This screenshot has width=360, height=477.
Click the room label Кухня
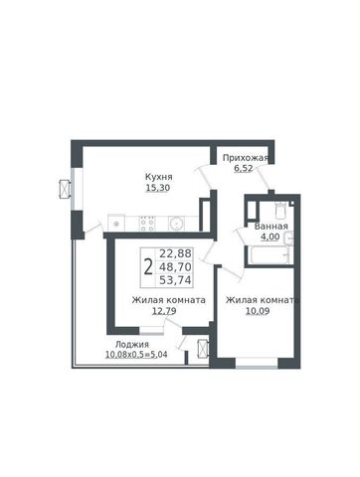(x=159, y=177)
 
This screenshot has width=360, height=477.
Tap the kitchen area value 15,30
(x=158, y=188)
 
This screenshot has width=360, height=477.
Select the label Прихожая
(x=245, y=158)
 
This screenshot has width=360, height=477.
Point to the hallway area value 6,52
(x=244, y=168)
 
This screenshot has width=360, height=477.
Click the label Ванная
(x=270, y=227)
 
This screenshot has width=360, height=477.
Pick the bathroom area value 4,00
(x=270, y=237)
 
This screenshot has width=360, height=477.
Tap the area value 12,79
(x=164, y=311)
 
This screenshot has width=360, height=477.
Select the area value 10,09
(x=258, y=311)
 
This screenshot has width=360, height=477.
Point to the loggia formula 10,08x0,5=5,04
(x=136, y=355)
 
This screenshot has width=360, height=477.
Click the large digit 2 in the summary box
(x=148, y=267)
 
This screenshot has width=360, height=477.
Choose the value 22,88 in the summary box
(x=175, y=253)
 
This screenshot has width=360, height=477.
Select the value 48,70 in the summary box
(x=175, y=266)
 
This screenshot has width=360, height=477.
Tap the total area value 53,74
(x=175, y=280)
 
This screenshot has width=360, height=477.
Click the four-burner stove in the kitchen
(x=147, y=224)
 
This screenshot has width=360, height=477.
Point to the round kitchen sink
(x=176, y=224)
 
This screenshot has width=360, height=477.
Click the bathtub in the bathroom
(x=269, y=256)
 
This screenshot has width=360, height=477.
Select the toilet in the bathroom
(x=280, y=210)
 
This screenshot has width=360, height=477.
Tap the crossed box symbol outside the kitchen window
(x=64, y=189)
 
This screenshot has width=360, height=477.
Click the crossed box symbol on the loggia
(x=202, y=349)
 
